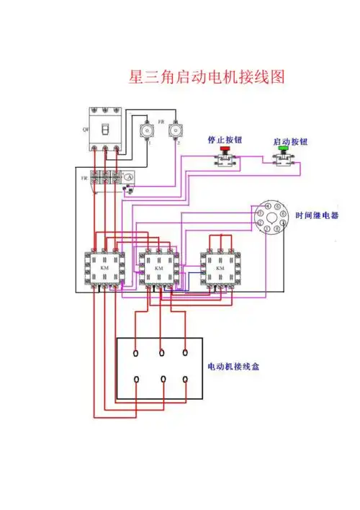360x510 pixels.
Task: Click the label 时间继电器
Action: point(317,215)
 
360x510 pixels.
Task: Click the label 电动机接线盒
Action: point(233,367)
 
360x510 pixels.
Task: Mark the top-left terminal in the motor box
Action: point(137,353)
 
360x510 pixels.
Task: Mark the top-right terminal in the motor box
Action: point(186,353)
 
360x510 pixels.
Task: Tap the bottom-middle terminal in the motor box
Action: point(162,379)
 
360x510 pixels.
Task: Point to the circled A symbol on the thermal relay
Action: point(129,177)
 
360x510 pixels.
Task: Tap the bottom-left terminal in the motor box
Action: point(137,379)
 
